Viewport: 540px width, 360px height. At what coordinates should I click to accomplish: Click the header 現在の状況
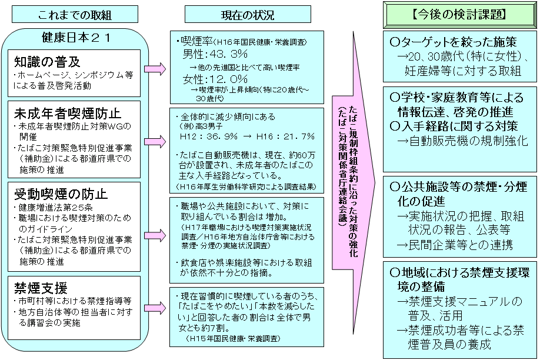click(248, 15)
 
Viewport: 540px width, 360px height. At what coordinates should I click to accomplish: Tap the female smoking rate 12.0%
click(215, 79)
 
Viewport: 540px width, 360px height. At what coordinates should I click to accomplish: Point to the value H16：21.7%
click(285, 136)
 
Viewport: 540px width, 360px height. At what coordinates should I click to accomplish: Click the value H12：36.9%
click(209, 136)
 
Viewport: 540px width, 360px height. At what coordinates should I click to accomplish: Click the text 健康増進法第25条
click(51, 208)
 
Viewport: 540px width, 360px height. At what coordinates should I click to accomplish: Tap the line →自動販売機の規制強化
click(462, 141)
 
